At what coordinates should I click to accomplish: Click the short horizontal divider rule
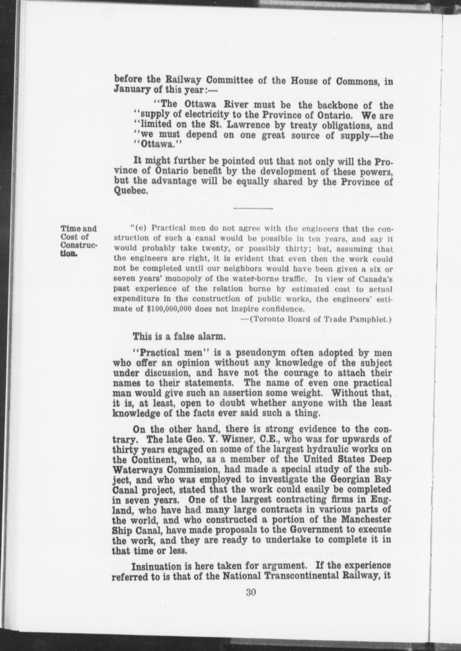[x=253, y=208]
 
